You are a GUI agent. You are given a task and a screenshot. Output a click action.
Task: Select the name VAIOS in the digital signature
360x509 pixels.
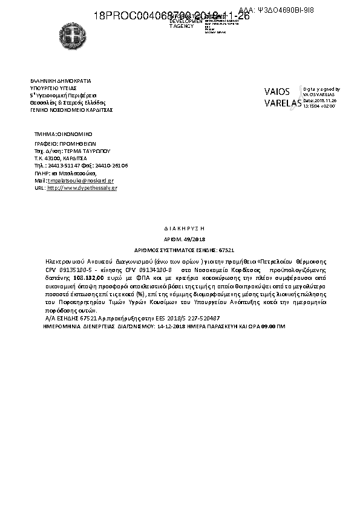point(277,92)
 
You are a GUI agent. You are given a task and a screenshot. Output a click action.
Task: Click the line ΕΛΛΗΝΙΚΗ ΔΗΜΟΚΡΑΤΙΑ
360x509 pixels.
point(61,80)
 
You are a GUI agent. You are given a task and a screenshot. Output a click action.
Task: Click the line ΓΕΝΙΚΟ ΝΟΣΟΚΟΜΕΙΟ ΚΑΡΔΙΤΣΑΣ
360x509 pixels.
point(71,110)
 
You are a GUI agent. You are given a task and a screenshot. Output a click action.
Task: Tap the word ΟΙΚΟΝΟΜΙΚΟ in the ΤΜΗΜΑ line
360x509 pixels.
point(74,132)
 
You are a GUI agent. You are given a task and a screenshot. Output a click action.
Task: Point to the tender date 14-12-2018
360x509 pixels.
point(172,326)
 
